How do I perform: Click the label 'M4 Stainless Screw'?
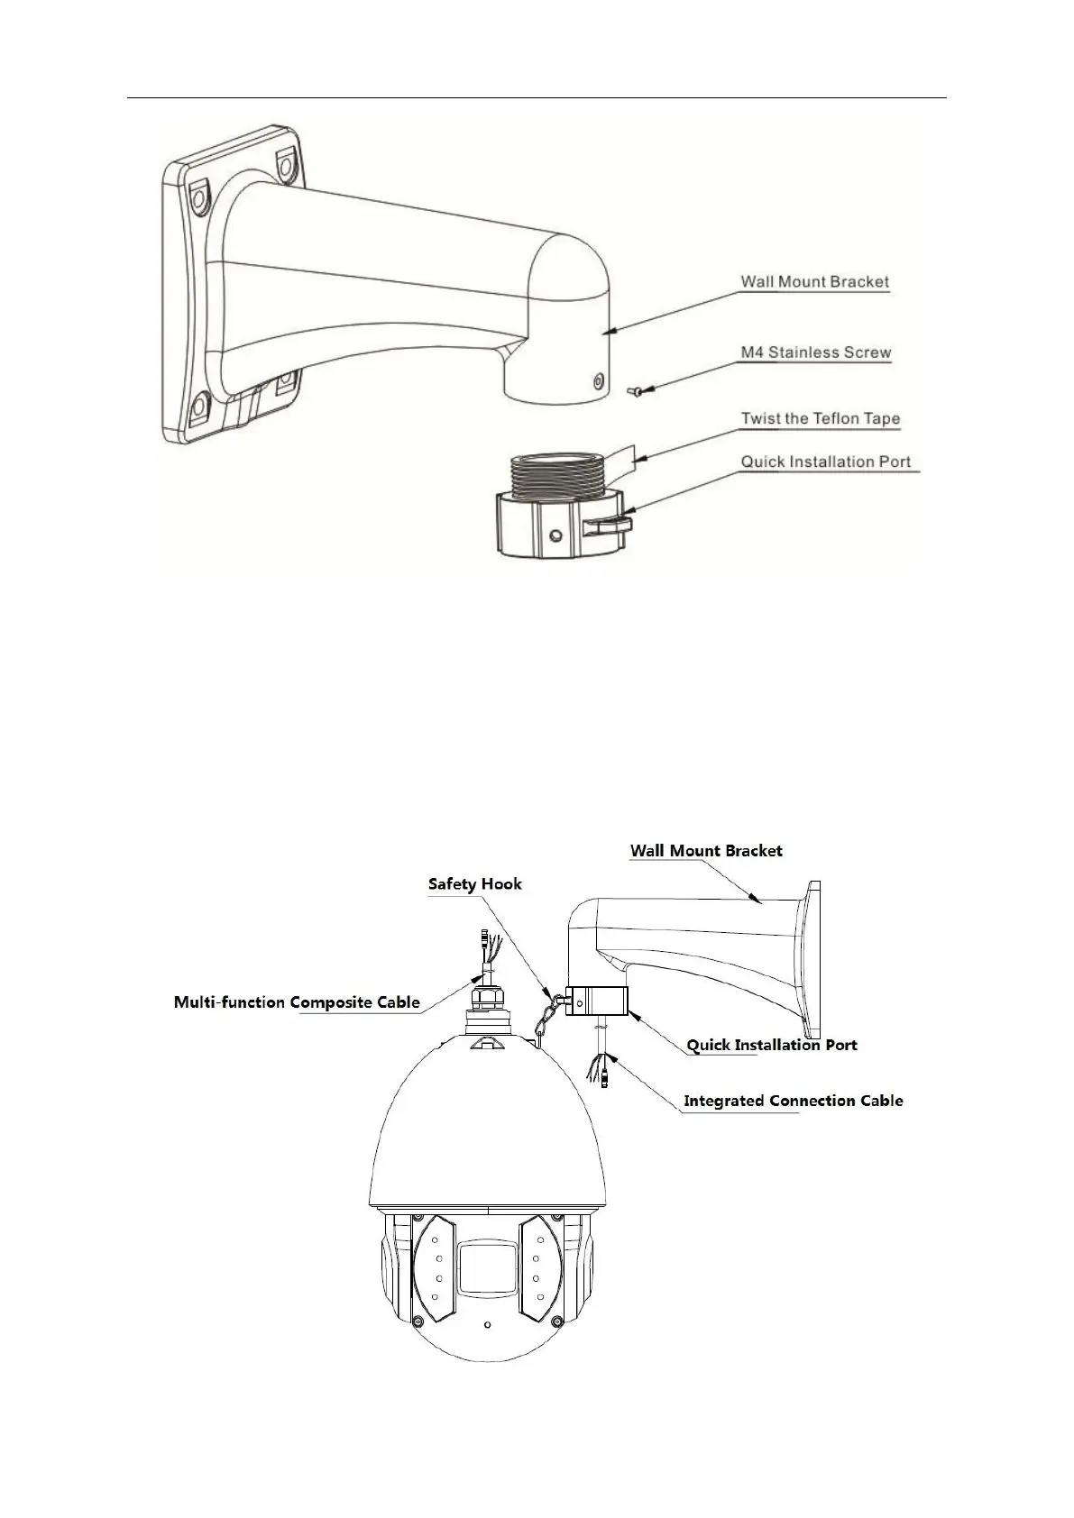815,352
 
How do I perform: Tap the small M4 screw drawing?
633,390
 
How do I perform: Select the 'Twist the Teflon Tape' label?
820,418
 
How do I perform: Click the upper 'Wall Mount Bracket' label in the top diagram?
814,281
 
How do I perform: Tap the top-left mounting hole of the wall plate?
197,191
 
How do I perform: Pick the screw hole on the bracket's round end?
596,382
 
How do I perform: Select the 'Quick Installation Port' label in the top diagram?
825,462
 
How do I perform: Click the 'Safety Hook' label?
474,883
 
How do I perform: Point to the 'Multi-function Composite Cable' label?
297,1001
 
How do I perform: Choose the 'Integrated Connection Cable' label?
793,1100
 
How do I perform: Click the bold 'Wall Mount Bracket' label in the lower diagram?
706,850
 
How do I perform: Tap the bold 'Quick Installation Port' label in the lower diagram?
772,1045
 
